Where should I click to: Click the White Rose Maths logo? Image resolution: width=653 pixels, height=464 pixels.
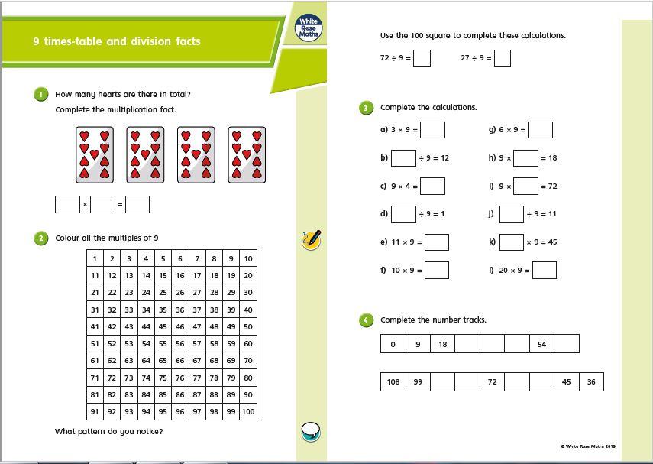tap(309, 29)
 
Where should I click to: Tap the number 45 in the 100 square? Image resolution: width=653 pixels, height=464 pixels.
tap(163, 326)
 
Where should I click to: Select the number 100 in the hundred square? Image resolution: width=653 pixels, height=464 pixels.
tap(248, 411)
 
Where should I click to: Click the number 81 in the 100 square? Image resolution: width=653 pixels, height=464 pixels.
tap(95, 394)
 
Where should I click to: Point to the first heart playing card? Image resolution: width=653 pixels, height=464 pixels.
tap(94, 155)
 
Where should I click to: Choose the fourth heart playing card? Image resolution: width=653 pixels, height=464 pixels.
tap(247, 155)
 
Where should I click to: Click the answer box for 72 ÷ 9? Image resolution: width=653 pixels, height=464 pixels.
tap(422, 58)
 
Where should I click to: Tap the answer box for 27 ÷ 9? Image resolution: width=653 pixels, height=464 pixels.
tap(502, 58)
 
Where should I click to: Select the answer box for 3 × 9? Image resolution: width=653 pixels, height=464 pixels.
tap(432, 130)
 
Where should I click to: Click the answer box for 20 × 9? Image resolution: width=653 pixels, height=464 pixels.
tap(545, 270)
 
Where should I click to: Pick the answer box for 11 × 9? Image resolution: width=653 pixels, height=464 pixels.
tap(437, 242)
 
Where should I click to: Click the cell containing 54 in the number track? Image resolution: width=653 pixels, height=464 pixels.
tap(541, 344)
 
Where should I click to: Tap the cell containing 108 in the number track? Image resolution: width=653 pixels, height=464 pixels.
tap(393, 381)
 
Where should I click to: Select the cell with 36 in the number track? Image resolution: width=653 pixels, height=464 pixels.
tap(591, 381)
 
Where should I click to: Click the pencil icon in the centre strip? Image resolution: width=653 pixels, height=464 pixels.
tap(312, 239)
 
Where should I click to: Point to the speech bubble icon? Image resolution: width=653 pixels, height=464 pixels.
tap(311, 432)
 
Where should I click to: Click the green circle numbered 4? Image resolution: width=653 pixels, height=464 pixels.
tap(366, 320)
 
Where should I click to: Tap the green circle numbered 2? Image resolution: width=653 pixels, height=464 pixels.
tap(40, 238)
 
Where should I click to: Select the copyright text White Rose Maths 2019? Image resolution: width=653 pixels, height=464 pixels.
tap(588, 446)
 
